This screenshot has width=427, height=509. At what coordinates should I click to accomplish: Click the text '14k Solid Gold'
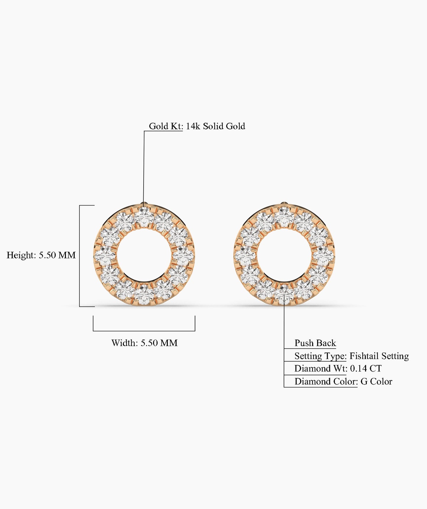pos(215,126)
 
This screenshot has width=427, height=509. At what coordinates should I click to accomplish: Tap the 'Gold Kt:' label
pos(166,126)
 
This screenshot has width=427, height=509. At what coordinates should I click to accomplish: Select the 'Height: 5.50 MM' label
pos(41,255)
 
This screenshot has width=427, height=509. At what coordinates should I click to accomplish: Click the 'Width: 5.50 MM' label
pos(144,343)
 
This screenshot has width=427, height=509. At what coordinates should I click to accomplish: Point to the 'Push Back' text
pos(315,343)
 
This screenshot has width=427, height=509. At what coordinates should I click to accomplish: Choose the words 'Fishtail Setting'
pos(379,356)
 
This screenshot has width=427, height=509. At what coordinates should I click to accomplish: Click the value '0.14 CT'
pos(366,368)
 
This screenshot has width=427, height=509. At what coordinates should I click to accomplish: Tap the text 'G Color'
pos(376,381)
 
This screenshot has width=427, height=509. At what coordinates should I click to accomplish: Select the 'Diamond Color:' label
pos(326,381)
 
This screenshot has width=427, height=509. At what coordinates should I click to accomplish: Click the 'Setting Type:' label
pos(320,356)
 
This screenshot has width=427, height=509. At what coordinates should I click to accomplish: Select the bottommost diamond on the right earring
pos(284,294)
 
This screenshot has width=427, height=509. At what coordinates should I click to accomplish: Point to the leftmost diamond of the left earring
pos(105,256)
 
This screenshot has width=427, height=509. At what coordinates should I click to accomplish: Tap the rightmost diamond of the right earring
pos(323,256)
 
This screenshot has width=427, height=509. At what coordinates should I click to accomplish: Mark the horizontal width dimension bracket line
pos(144,331)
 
